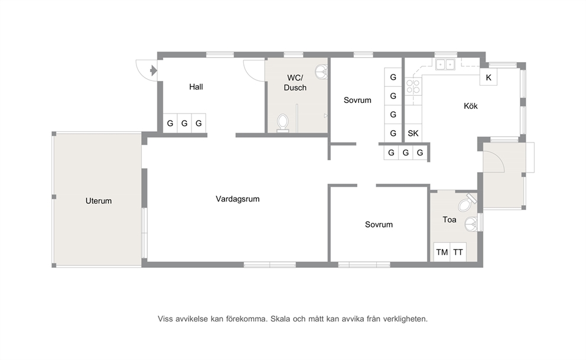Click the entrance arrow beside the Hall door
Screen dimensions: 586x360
point(153,70)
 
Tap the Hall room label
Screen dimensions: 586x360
point(196,87)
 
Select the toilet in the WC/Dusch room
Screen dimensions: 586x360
point(282,123)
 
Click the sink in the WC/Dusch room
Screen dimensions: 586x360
point(321,72)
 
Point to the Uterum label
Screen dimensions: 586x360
point(99,201)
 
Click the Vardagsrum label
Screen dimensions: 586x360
point(237,199)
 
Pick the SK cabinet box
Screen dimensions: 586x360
point(413,134)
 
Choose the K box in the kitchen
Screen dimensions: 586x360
point(489,78)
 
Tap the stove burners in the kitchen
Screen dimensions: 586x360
point(413,86)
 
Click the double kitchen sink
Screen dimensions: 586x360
point(445,64)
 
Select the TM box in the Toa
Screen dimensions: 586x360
point(442,252)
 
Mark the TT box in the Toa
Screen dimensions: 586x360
point(458,252)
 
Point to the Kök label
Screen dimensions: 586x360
point(471,106)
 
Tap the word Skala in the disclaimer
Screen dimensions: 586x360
point(280,319)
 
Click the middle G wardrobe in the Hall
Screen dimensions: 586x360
point(184,123)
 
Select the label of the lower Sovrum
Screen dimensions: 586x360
point(379,225)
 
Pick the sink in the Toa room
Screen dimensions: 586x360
point(471,224)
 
